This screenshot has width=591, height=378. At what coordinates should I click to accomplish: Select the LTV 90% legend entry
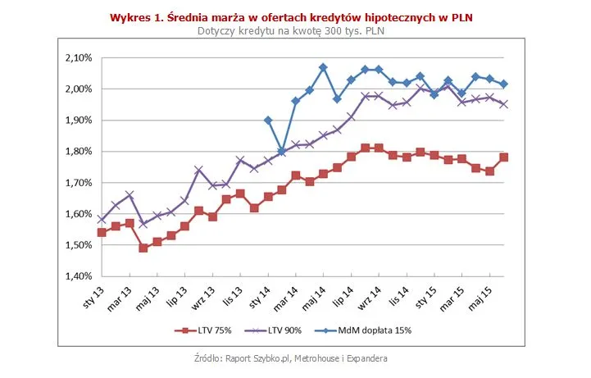tap(280, 330)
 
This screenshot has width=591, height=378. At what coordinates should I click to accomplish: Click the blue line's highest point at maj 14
tap(323, 67)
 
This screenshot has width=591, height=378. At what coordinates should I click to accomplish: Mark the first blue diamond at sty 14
tap(267, 120)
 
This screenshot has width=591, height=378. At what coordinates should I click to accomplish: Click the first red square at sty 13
tap(102, 232)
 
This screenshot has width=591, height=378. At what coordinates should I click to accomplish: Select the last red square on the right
tap(503, 157)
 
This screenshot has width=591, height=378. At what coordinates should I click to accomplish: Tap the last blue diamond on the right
tap(503, 84)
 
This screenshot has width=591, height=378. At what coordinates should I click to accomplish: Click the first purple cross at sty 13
tap(102, 219)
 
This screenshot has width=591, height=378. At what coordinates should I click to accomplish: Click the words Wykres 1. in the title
tap(136, 16)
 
